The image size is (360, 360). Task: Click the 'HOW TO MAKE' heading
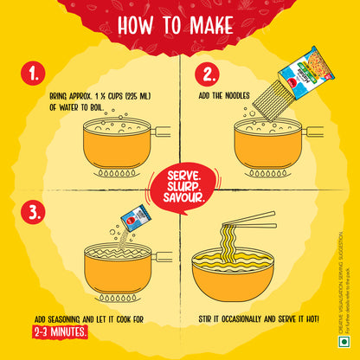pyautogui.click(x=179, y=24)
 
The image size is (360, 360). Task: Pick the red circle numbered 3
pyautogui.click(x=35, y=212)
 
